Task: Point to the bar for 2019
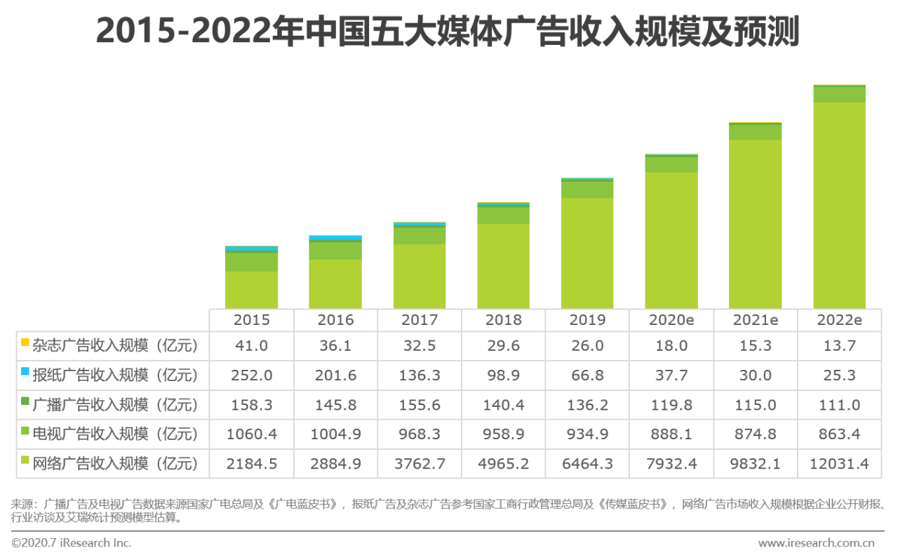point(587,246)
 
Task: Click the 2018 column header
point(504,320)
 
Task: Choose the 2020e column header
point(671,320)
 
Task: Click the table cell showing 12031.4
point(839,464)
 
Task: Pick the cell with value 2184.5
point(251,464)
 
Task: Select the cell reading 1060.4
point(251,434)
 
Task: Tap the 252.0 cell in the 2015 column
point(251,375)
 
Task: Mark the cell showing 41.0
point(251,346)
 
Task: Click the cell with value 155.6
point(420,405)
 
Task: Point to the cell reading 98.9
point(504,375)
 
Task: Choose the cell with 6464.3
point(587,464)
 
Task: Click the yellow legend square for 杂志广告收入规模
point(25,342)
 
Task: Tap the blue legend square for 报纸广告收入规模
point(25,372)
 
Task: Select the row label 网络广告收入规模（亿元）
point(116,464)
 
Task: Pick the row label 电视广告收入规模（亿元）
point(116,434)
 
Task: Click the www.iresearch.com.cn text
point(816,543)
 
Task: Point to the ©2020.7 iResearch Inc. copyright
point(71,543)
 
